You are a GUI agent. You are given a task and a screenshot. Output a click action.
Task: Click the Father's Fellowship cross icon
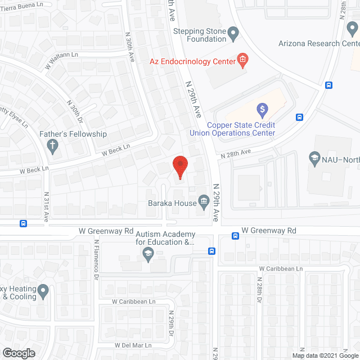coord(53,147)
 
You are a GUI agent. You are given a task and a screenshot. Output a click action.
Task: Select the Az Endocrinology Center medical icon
coord(242,60)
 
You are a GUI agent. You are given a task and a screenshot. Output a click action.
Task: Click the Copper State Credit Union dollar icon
coord(262,109)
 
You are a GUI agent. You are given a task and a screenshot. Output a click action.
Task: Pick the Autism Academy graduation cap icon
coord(148,254)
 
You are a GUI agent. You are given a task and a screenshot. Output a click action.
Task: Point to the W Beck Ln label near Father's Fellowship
coord(116,150)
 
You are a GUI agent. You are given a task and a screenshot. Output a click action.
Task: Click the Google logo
coord(18,353)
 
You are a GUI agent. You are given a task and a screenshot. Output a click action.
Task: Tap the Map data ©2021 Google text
coord(324,355)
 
